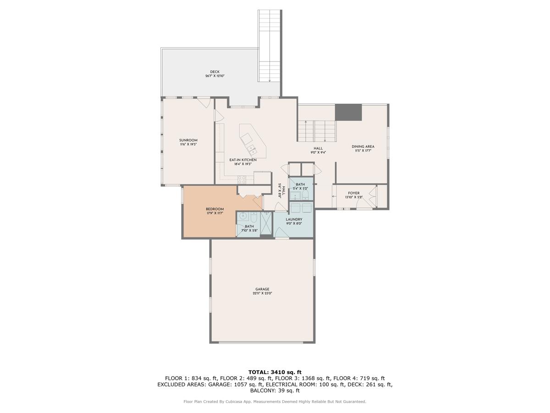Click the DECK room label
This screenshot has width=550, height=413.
pyautogui.click(x=214, y=72)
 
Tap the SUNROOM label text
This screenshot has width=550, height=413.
pyautogui.click(x=188, y=140)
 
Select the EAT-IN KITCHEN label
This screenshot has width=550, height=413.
pyautogui.click(x=242, y=160)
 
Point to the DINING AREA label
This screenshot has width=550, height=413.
pyautogui.click(x=363, y=147)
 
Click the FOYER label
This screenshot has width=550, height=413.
pyautogui.click(x=353, y=193)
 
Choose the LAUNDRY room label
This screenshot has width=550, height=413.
pyautogui.click(x=294, y=219)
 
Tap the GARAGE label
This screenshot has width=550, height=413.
pyautogui.click(x=262, y=289)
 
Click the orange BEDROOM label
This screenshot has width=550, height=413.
pyautogui.click(x=214, y=209)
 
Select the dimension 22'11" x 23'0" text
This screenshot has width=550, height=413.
pyautogui.click(x=262, y=294)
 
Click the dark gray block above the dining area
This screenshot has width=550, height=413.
pyautogui.click(x=348, y=112)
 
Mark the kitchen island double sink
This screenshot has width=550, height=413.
pyautogui.click(x=251, y=149)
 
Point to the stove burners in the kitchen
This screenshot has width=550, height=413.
pyautogui.click(x=242, y=179)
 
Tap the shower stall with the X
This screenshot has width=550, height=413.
pyautogui.click(x=266, y=223)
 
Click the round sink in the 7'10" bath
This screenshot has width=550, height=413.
pyautogui.click(x=243, y=217)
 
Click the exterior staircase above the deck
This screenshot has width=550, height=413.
pyautogui.click(x=269, y=46)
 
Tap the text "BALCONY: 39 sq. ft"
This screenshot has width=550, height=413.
pyautogui.click(x=275, y=391)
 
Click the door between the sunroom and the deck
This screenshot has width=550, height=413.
pyautogui.click(x=204, y=102)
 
